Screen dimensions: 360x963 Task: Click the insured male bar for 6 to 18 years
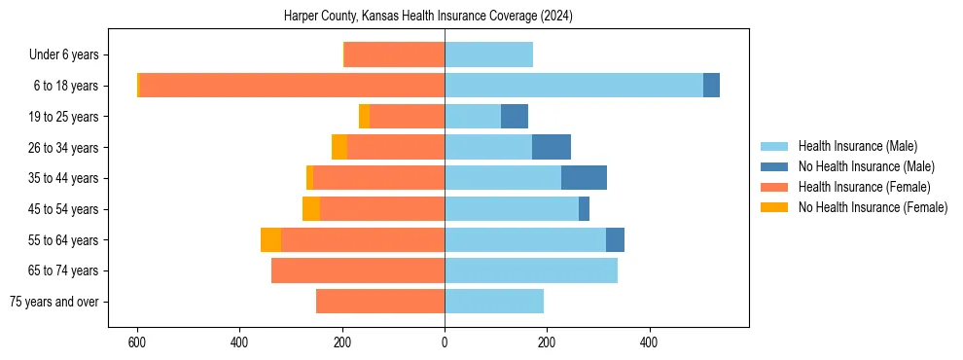(x=574, y=86)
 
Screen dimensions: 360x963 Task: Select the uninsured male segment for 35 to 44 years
(x=584, y=178)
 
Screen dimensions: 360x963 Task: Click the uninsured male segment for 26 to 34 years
(x=552, y=147)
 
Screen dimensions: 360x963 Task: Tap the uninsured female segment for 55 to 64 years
(x=270, y=239)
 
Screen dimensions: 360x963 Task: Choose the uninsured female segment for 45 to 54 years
(x=311, y=209)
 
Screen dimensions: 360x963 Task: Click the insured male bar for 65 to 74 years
(x=531, y=270)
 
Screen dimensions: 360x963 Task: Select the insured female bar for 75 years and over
(x=380, y=302)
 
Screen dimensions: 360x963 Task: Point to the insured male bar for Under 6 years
(x=488, y=54)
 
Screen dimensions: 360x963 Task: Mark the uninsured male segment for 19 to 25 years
(x=515, y=117)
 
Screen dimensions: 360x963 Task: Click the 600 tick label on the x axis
(x=137, y=342)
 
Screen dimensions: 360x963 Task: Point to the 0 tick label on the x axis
(x=445, y=342)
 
